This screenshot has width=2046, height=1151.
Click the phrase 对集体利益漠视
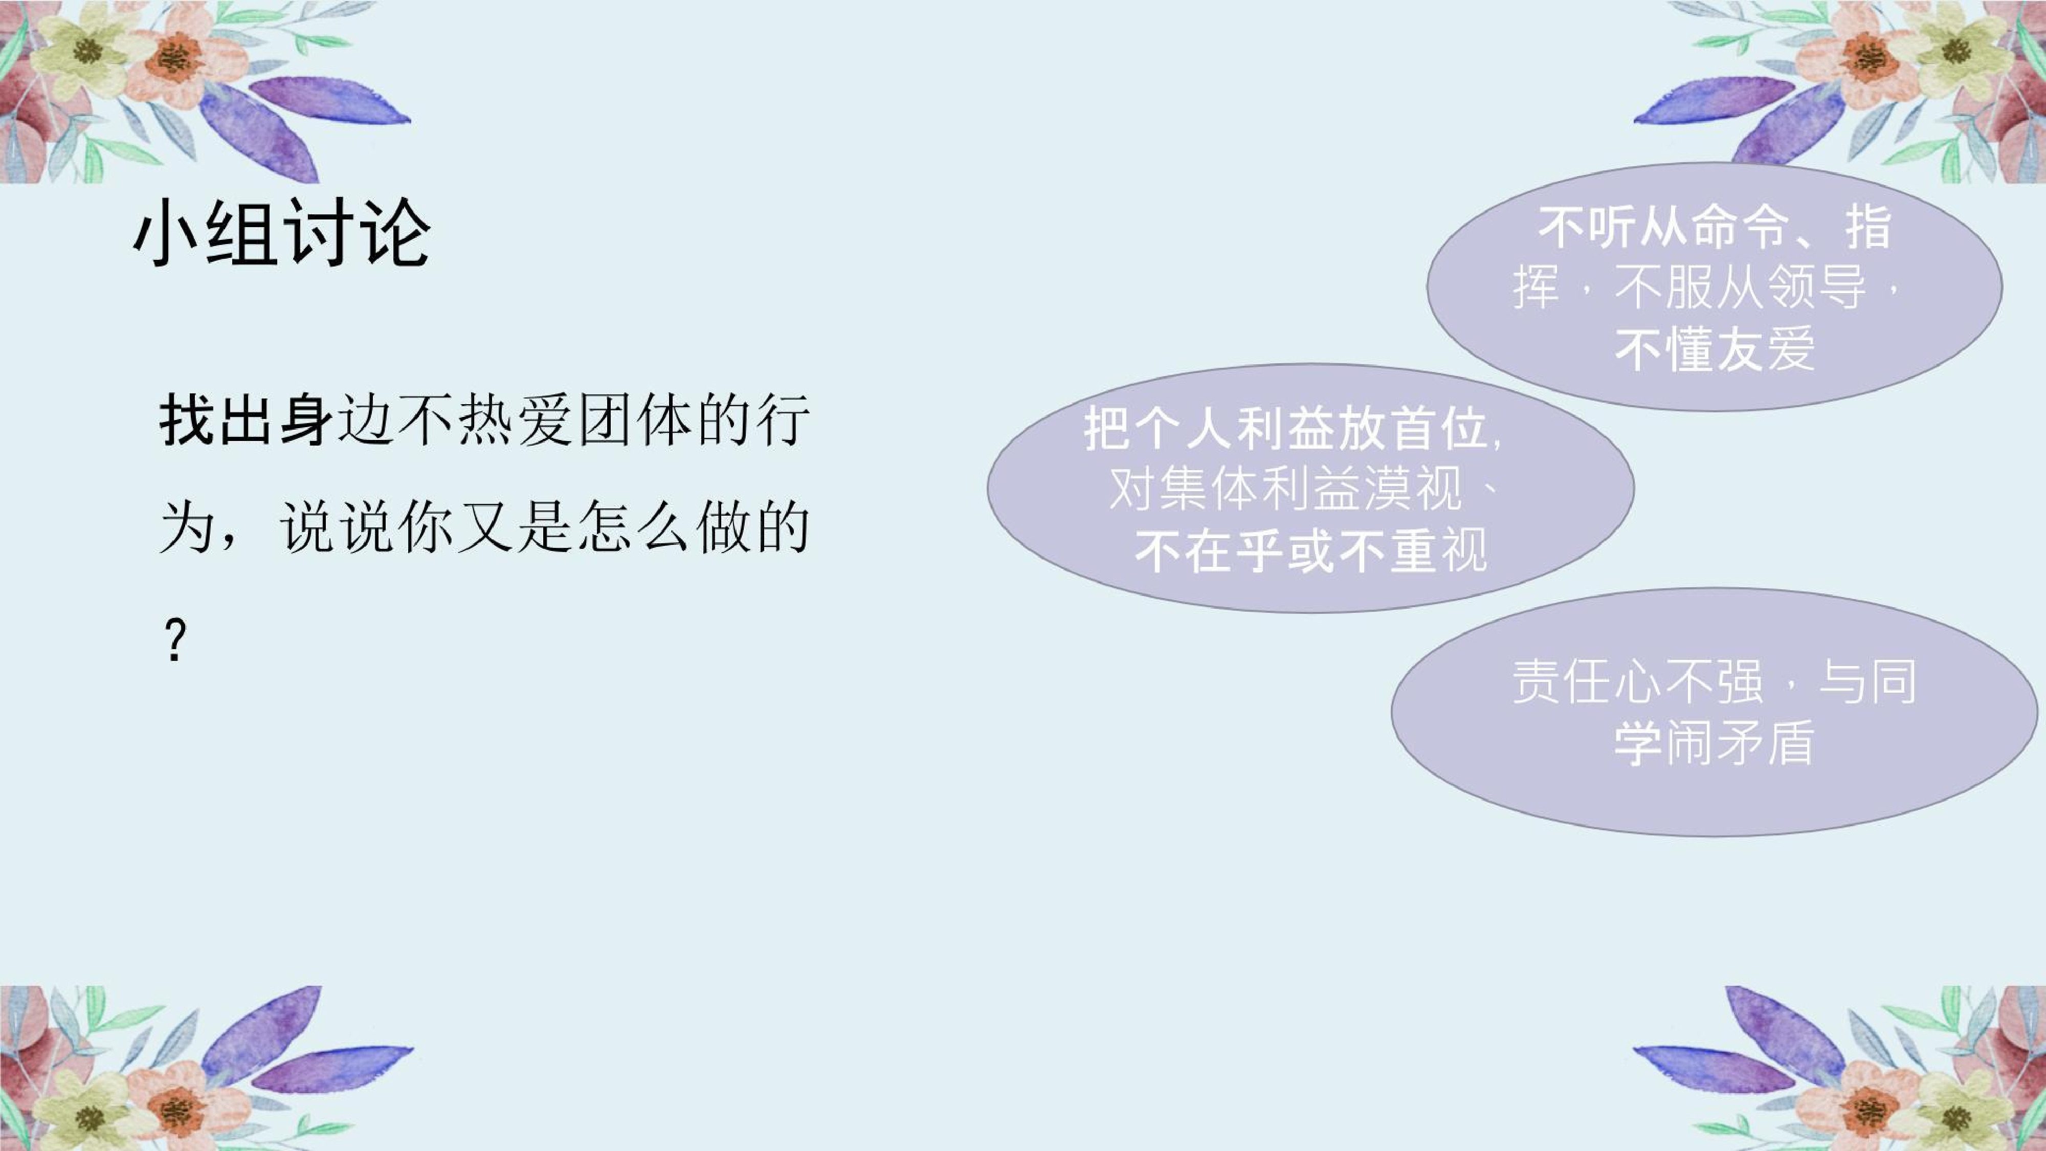tap(1285, 489)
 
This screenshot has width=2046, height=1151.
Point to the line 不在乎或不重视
tap(1310, 550)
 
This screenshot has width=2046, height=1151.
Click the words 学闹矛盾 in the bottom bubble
tap(1714, 743)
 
